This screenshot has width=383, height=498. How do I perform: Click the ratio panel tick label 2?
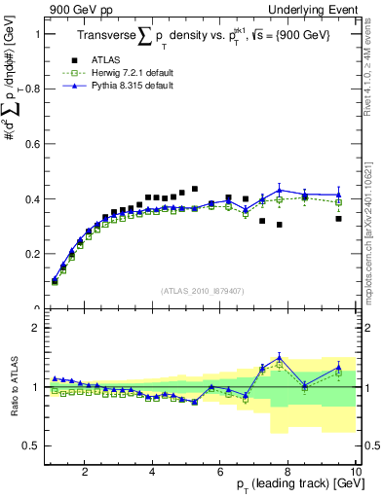pyautogui.click(x=36, y=328)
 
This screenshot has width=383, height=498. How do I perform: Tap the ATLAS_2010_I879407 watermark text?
pyautogui.click(x=203, y=291)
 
